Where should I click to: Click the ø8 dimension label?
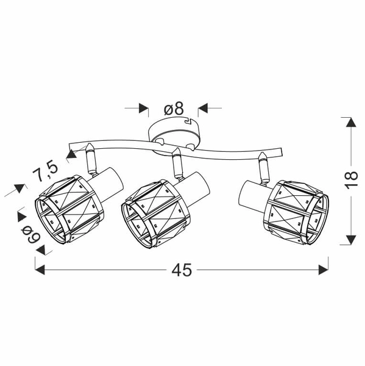[x=174, y=109]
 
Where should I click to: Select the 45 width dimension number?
[x=182, y=270]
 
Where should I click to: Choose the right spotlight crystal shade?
[x=295, y=211]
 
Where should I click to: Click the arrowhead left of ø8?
[x=144, y=109]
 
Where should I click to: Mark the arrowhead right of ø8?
[x=203, y=109]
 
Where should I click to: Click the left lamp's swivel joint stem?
[x=91, y=159]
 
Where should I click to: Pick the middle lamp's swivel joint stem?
[x=177, y=164]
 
